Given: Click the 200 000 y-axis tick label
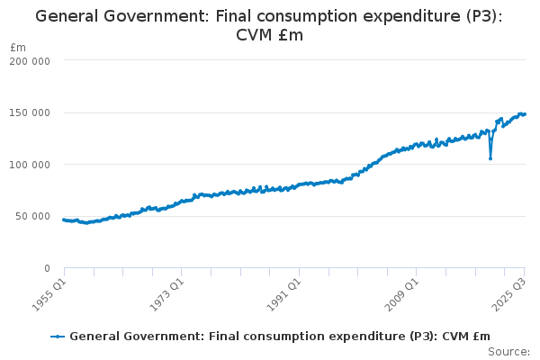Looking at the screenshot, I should click(x=30, y=60).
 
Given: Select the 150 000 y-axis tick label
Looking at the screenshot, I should click(x=30, y=112).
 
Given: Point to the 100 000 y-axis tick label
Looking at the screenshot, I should click(x=30, y=165).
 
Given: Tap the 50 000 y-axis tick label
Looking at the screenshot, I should click(x=32, y=216).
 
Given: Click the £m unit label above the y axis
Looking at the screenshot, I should click(x=18, y=47).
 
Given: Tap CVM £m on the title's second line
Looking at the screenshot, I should click(x=269, y=36).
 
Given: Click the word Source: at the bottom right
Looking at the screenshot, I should click(x=509, y=351).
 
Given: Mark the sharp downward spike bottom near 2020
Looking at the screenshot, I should click(x=490, y=158).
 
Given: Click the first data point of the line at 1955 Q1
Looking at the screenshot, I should click(x=64, y=220).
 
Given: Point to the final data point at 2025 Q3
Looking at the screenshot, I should click(x=525, y=114).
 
